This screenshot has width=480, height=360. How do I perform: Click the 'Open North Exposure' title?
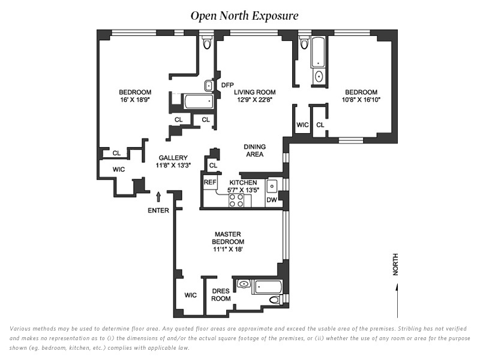point(244,16)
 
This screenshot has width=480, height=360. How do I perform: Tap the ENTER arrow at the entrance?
point(158,197)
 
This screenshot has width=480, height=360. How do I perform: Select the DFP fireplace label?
point(227,85)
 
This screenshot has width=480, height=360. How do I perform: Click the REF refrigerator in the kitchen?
point(210,182)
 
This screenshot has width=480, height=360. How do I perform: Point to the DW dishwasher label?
point(272,200)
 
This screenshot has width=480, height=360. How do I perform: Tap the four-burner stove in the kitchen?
point(236,200)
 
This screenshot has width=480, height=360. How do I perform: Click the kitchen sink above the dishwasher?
point(272,186)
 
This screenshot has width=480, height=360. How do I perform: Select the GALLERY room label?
point(173,158)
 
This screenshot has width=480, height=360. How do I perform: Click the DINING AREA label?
point(254,151)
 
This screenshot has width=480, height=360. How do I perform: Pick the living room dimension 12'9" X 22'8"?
point(254,100)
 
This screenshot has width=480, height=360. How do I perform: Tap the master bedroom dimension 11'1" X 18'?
point(228,249)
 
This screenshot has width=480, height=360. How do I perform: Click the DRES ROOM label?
point(221,295)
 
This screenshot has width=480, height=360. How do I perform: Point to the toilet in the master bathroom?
point(275,299)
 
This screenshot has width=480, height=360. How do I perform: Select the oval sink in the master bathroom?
point(244,284)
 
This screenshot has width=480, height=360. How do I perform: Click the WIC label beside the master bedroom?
point(190,295)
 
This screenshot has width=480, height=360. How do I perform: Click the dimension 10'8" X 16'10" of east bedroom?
point(361,100)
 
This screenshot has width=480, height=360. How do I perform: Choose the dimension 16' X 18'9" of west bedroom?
point(135,100)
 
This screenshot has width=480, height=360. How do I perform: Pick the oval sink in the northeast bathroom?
point(319,76)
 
